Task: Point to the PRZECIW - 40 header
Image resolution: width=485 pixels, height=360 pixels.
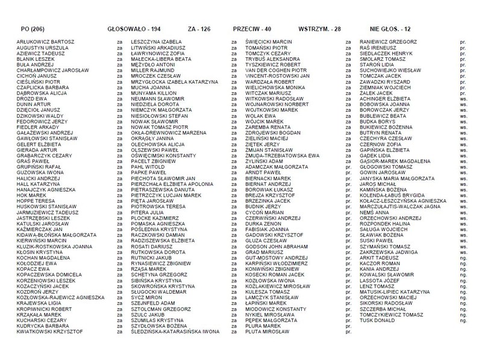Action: click(255, 28)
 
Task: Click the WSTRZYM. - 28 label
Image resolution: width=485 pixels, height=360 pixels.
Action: click(322, 28)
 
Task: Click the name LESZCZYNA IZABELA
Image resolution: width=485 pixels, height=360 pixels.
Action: click(152, 42)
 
